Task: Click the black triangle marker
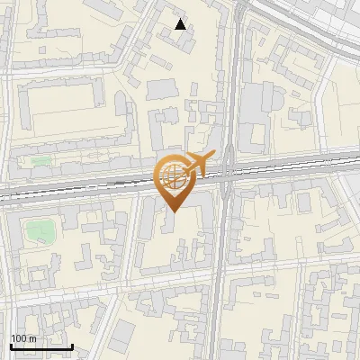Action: coord(181,24)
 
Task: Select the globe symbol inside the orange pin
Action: coord(174,175)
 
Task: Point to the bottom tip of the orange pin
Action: coord(174,211)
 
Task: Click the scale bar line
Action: coord(41,346)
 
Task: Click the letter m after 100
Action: coord(32,338)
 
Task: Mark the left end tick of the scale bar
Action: coord(11,345)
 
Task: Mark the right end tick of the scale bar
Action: coord(72,345)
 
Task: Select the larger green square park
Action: coord(38,230)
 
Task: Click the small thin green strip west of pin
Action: coord(40,162)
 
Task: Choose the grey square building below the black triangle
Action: coord(162,89)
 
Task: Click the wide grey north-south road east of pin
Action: coord(227,261)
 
